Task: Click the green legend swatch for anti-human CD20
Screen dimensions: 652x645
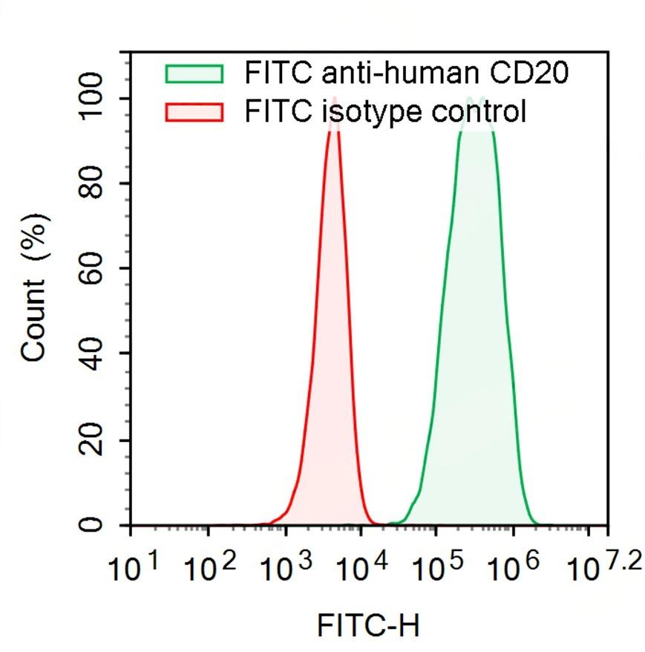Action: (194, 74)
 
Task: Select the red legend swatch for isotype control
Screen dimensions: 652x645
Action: (194, 113)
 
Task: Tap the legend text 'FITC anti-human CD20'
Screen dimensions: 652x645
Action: (407, 74)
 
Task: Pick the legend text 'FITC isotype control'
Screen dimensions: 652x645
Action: (385, 112)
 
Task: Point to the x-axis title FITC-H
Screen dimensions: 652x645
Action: (368, 625)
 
